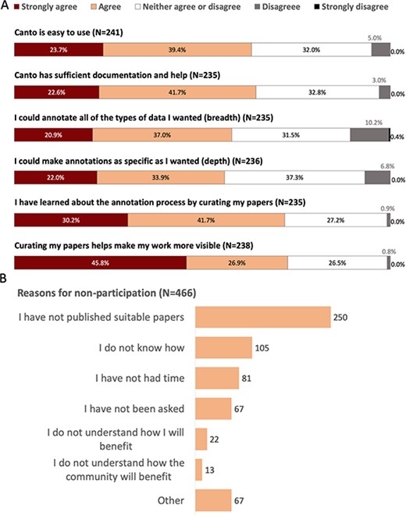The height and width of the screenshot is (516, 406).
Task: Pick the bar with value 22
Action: [201, 439]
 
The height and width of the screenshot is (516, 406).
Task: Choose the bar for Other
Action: [212, 500]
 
